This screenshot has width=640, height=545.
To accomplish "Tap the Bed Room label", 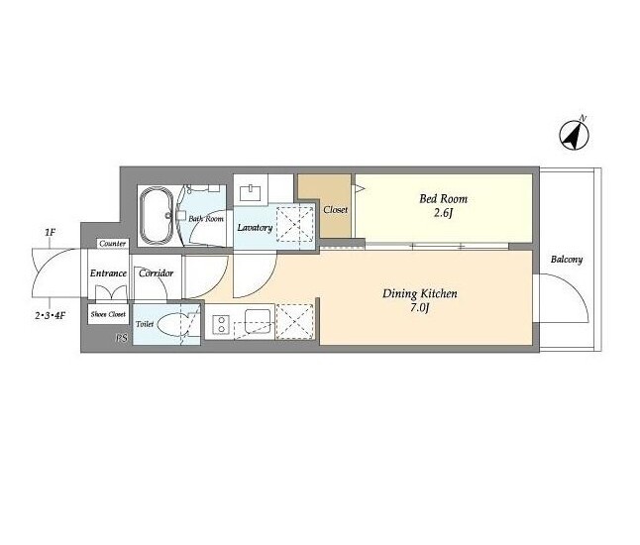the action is click(x=443, y=199).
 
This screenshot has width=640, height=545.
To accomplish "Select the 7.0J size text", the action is click(x=420, y=307).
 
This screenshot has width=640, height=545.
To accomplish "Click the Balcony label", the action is click(x=567, y=260).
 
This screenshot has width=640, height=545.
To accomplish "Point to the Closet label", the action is click(x=335, y=209).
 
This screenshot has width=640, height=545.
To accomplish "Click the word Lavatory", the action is click(x=255, y=227).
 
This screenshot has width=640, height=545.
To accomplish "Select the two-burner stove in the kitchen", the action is click(x=221, y=325).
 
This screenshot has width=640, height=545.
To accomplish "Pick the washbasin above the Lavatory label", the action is click(x=251, y=192).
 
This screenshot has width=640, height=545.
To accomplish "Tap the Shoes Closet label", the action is click(x=108, y=314).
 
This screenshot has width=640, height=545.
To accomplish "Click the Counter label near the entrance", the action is click(x=113, y=244).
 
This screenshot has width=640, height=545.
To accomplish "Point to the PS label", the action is click(x=122, y=339).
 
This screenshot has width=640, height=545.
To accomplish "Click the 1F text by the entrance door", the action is click(x=50, y=233).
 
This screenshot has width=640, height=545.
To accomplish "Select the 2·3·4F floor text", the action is click(x=50, y=315).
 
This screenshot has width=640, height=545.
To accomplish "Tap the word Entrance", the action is click(x=108, y=273).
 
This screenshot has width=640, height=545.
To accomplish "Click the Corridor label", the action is click(x=156, y=273).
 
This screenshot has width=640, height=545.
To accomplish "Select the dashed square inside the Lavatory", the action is click(x=295, y=224).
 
